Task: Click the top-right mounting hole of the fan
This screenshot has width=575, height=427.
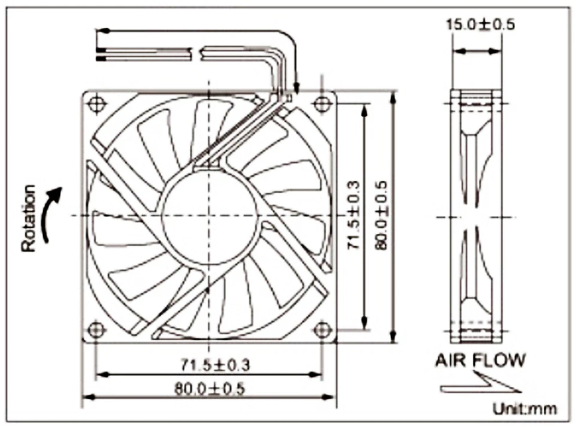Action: pos(322,103)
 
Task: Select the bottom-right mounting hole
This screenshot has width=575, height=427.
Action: pos(322,329)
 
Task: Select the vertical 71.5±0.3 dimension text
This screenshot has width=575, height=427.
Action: pos(355,216)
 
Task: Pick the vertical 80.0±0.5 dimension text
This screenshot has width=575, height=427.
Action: pos(382,215)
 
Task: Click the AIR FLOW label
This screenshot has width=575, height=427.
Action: pos(480,360)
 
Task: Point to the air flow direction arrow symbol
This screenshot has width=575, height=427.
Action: pos(479,383)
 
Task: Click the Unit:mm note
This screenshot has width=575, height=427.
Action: pos(525,409)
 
